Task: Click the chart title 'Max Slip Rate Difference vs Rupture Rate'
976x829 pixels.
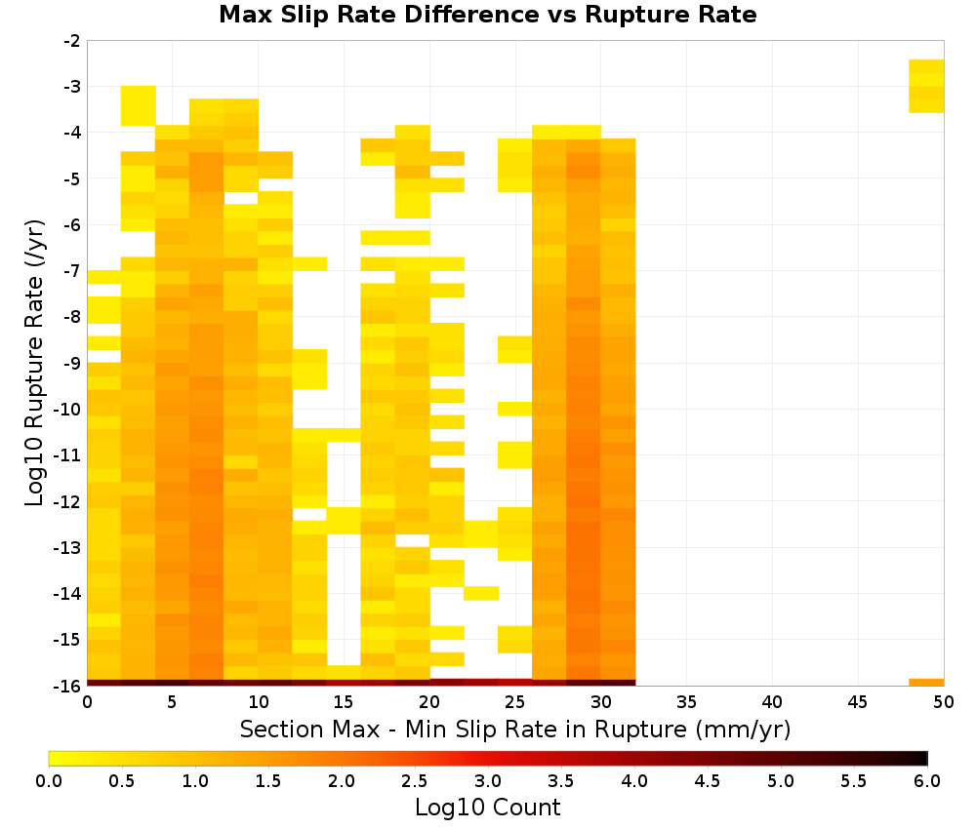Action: (x=487, y=15)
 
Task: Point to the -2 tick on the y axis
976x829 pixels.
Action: (x=72, y=41)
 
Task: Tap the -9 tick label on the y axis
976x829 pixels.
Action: (x=72, y=363)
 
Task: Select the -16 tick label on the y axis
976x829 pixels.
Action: (x=68, y=686)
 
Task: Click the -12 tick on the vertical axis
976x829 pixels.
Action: (x=68, y=501)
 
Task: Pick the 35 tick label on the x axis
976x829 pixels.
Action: (x=686, y=702)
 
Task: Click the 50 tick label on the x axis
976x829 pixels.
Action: (x=944, y=702)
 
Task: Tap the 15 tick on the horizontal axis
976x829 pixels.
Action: (x=344, y=702)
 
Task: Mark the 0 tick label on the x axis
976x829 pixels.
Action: (x=87, y=702)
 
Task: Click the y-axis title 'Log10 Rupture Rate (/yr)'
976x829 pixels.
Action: (x=35, y=363)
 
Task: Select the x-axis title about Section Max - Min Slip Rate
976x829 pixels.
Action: (x=515, y=730)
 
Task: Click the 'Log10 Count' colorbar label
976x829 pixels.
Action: (x=487, y=808)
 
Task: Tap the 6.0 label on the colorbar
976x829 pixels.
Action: (x=927, y=780)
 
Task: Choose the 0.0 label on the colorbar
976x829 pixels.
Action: (x=49, y=780)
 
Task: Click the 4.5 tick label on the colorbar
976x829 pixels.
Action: (x=708, y=780)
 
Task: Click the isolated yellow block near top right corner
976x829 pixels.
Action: (x=926, y=86)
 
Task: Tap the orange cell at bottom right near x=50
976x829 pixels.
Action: (x=926, y=683)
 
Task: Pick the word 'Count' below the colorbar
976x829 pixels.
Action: (x=525, y=808)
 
